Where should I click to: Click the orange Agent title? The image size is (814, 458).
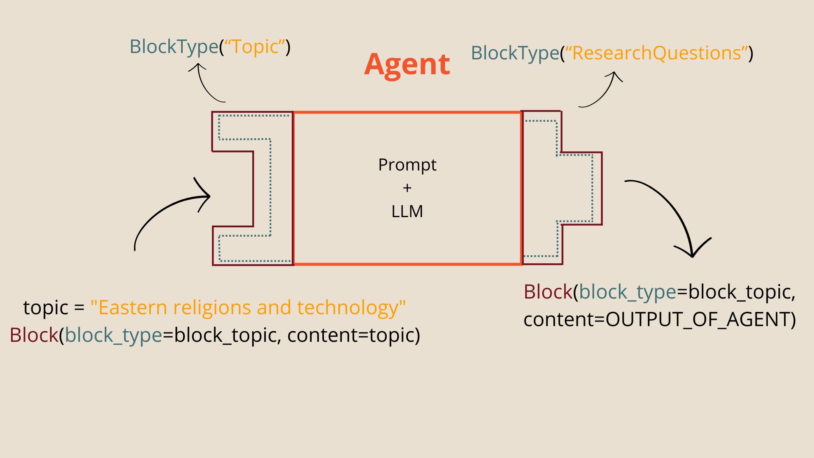pos(407,64)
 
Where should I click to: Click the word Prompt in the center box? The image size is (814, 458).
pos(407,165)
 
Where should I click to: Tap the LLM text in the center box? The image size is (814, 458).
pos(407,211)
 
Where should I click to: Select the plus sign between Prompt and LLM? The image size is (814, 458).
pos(407,188)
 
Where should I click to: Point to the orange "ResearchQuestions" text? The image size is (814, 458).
pos(656,53)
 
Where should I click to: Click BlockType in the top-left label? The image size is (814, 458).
pos(173,47)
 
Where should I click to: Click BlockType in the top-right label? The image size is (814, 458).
pos(515,53)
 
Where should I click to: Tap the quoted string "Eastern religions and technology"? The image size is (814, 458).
pos(248,307)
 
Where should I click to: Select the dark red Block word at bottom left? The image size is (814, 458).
pos(34,335)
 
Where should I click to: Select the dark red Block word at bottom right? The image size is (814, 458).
pos(548,292)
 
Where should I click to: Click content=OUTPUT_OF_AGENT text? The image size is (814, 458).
pos(659,319)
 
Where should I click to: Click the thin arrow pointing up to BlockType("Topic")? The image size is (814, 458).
pos(203,85)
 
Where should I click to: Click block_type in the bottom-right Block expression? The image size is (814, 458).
pos(627,292)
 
